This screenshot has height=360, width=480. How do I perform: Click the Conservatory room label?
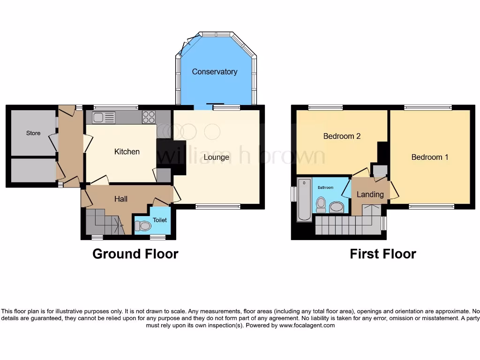tap(214, 72)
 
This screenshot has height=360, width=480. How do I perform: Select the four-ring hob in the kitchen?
tap(149, 117)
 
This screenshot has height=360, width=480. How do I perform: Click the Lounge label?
tap(216, 157)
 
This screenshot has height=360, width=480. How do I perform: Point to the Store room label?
tap(33, 133)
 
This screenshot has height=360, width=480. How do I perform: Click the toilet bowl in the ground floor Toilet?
tap(145, 226)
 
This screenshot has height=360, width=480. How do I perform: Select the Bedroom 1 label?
tap(429, 157)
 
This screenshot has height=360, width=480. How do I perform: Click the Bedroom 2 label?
tap(342, 136)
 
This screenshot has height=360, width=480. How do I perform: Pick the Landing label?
tap(370, 194)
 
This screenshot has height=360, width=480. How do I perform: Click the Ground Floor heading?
tap(135, 254)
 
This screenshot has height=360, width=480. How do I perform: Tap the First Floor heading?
tap(382, 254)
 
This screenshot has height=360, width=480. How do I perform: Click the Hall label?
tap(121, 199)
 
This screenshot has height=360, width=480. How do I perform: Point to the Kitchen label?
tap(127, 151)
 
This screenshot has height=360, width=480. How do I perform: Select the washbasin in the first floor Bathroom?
tap(337, 207)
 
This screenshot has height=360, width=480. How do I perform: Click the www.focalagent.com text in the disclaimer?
tap(307, 325)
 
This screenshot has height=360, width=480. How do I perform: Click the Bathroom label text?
tap(325, 187)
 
